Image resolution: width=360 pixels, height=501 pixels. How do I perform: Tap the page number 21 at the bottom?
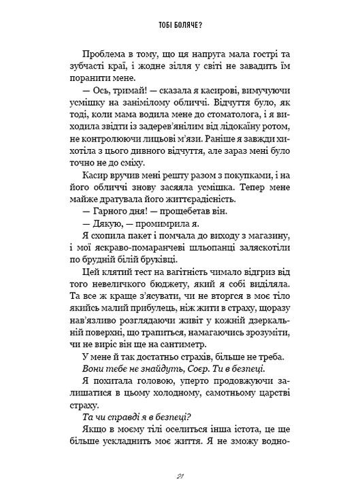(x=180, y=477)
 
